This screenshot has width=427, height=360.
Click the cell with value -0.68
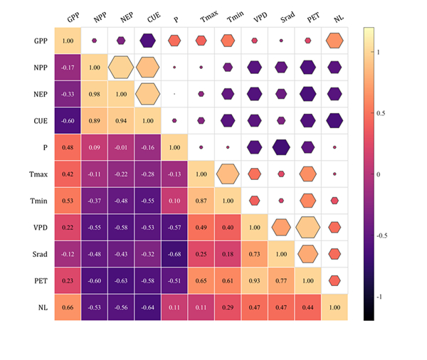(175, 254)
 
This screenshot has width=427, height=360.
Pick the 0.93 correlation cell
(255, 281)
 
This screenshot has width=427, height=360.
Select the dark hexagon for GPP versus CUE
(148, 41)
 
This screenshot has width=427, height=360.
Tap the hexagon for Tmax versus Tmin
(228, 174)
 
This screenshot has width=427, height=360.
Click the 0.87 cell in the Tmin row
(201, 201)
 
